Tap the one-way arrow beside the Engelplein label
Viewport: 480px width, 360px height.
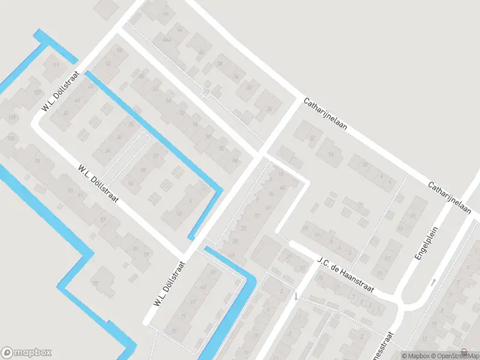coord(433,281)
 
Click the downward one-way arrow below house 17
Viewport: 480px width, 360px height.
coord(295,296)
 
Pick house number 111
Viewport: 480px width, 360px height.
coord(56,65)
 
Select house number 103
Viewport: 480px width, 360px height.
coord(10,138)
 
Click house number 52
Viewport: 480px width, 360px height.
coord(109,63)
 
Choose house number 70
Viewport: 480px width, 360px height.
coord(182,112)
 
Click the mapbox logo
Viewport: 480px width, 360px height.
coord(26,352)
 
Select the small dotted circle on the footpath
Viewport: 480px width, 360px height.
coord(206,92)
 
